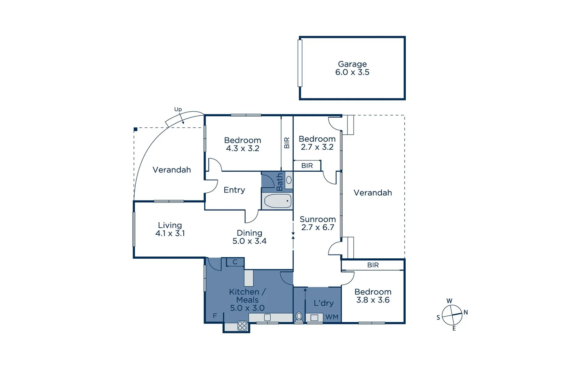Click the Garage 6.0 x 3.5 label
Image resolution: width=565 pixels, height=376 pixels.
[x=352, y=68]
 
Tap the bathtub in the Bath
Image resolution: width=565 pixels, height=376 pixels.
[x=278, y=201]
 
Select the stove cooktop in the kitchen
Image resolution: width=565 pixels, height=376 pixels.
[x=242, y=326]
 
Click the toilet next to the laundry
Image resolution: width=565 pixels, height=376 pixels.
[x=299, y=316]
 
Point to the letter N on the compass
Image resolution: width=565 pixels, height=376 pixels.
[x=465, y=312]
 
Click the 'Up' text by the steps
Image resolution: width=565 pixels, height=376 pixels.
[x=178, y=109]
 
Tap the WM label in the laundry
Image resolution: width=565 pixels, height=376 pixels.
[x=332, y=317]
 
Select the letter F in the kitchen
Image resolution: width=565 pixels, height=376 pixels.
[x=215, y=316]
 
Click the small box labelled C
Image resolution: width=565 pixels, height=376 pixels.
[x=235, y=262]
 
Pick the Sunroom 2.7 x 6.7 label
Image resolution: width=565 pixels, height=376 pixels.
[x=318, y=223]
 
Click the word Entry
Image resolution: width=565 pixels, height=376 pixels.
[x=234, y=190]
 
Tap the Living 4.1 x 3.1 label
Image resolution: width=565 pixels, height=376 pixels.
[x=170, y=229]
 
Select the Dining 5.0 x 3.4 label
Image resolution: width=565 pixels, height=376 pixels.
[x=249, y=237]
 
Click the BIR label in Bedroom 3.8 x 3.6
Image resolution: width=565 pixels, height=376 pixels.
[x=373, y=265]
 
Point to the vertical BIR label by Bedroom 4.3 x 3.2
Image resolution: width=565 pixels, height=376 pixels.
[x=287, y=143]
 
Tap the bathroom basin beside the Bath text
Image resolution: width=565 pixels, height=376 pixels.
[x=289, y=180]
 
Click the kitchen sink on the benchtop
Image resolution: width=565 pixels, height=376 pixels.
[x=267, y=318]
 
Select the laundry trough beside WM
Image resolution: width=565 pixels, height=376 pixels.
[x=314, y=318]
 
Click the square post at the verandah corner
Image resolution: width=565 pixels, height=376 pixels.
[x=136, y=129]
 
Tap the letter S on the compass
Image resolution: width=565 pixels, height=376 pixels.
[x=438, y=318]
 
